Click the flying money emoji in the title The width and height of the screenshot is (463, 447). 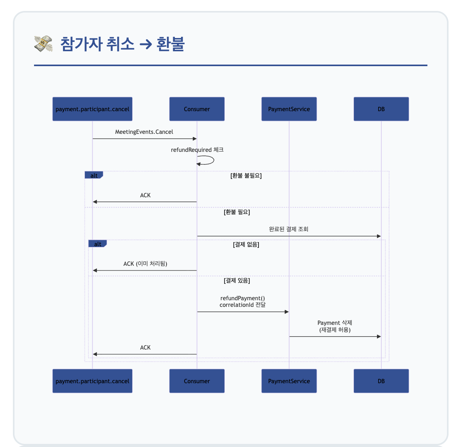tap(43, 44)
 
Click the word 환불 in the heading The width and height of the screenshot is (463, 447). tap(170, 44)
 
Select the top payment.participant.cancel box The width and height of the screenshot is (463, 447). tap(92, 109)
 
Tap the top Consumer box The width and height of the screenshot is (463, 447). tap(197, 109)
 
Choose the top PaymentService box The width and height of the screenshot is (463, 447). tap(289, 109)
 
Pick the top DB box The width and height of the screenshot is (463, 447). tap(381, 109)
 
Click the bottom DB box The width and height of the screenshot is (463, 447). tap(381, 381)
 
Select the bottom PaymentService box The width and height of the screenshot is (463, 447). tap(289, 381)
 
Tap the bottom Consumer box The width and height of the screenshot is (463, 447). tap(197, 381)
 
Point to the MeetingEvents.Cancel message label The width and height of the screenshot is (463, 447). tap(144, 132)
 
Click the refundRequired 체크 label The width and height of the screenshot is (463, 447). tap(197, 150)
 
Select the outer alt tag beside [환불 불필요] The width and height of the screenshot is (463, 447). tap(94, 175)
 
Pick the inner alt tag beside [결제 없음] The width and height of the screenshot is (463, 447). tap(97, 244)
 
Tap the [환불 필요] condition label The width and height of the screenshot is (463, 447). tap(237, 212)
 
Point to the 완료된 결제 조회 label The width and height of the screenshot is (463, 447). tap(289, 229)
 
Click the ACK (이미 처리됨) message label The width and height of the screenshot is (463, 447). tap(145, 263)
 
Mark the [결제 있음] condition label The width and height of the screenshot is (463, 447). tap(237, 281)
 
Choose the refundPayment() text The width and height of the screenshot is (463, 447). tap(243, 298)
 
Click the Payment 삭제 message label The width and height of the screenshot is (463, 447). tap(335, 323)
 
